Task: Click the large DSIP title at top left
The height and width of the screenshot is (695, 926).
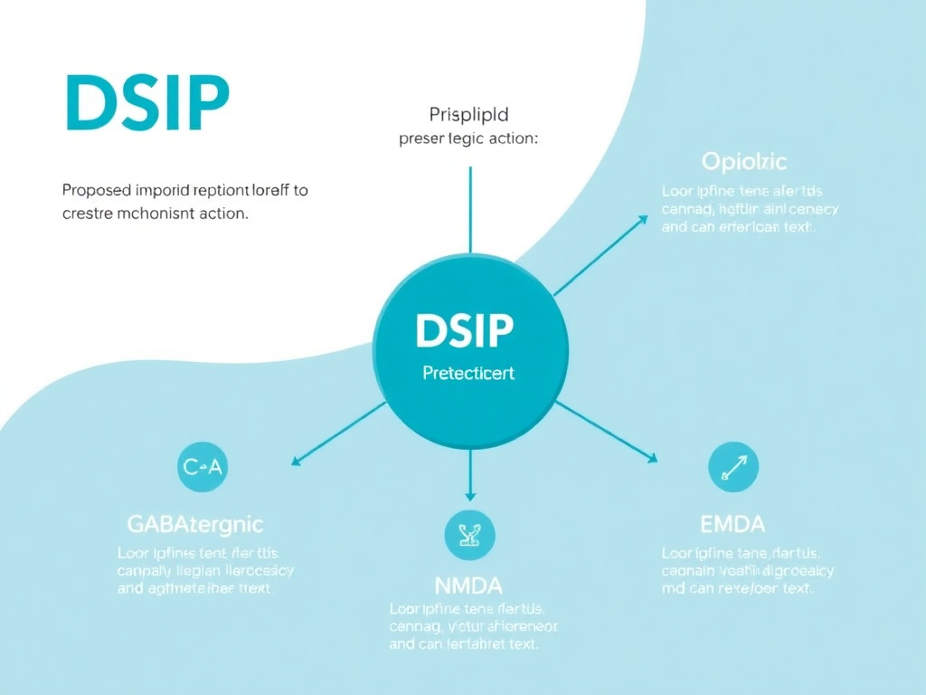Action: [147, 104]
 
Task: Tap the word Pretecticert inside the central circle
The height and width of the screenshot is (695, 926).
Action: [468, 373]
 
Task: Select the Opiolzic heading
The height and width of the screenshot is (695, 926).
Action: [744, 162]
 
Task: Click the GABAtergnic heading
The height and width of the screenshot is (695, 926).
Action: [194, 523]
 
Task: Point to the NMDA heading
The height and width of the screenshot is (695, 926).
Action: [469, 585]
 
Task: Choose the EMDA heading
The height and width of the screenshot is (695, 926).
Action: [732, 523]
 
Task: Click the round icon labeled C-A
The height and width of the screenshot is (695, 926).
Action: [203, 467]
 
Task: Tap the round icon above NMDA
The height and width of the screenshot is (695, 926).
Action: [470, 535]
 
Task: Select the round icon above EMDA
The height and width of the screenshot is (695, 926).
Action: [733, 467]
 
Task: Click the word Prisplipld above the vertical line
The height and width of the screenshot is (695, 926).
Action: [468, 115]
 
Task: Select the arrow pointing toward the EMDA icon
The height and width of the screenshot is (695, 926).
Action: [607, 432]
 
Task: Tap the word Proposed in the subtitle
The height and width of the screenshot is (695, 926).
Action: [95, 191]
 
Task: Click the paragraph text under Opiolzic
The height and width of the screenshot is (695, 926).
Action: [750, 209]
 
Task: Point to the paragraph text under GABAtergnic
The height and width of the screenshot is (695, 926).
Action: [205, 570]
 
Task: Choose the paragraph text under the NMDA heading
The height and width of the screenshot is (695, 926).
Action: [473, 626]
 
